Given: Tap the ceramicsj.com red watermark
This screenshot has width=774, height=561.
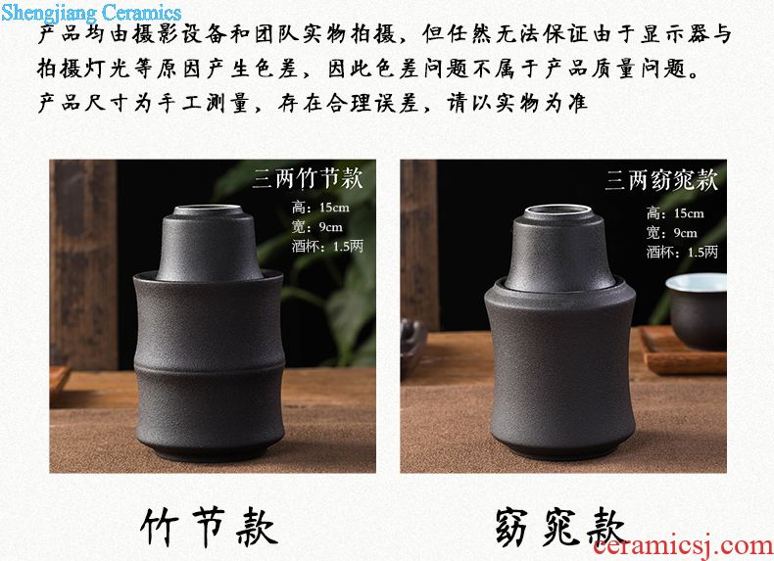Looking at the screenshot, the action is pos(683,545).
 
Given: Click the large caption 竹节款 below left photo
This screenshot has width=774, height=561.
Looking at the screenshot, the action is pos(209,527).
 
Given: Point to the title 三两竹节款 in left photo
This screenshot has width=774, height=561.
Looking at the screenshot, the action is pos(308,178).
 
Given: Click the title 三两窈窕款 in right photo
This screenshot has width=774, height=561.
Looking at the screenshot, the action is pos(661,179).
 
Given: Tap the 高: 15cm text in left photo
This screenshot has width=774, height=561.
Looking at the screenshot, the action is pos(320,208).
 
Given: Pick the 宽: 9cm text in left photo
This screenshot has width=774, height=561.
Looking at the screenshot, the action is pos(316,227).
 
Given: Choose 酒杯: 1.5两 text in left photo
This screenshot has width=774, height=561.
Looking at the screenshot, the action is pos(327,246).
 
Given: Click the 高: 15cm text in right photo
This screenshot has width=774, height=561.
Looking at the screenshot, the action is pos(675,213).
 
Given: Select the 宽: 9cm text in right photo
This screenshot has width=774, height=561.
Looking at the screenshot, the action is pos(671,233).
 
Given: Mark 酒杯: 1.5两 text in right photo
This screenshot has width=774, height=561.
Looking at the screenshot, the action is pos(682,253).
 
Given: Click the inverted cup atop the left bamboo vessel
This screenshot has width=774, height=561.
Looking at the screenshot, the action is pos(210,243).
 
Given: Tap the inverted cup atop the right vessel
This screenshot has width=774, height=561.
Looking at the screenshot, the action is pos(558,248).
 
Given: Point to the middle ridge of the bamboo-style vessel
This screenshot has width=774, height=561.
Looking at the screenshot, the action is pos(210,362).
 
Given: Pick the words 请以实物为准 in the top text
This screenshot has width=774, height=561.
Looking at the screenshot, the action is pos(517,103).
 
